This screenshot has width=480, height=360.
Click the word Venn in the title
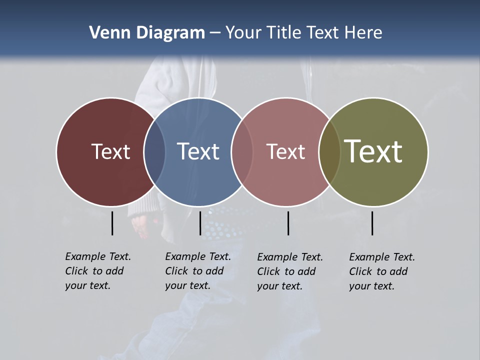(105, 33)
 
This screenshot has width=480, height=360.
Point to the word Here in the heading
(363, 33)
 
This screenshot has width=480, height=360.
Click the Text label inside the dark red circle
(110, 151)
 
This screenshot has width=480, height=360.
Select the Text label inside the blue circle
(198, 151)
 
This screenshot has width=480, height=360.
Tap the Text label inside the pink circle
(286, 151)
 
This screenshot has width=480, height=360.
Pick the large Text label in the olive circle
(373, 151)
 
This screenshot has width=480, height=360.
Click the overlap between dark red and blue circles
(154, 152)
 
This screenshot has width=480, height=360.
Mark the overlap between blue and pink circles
(242, 152)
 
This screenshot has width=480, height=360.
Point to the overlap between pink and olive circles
(329, 152)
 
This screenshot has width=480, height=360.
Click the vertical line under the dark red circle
(112, 223)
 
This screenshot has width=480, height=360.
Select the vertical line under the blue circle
(200, 223)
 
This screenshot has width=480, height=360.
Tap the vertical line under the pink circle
(288, 223)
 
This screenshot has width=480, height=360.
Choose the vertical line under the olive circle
(372, 223)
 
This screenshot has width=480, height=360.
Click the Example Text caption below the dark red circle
(98, 271)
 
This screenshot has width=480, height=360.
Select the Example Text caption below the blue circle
(198, 271)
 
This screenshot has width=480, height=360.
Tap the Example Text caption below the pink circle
(290, 271)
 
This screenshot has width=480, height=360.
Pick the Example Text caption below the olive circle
(382, 271)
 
